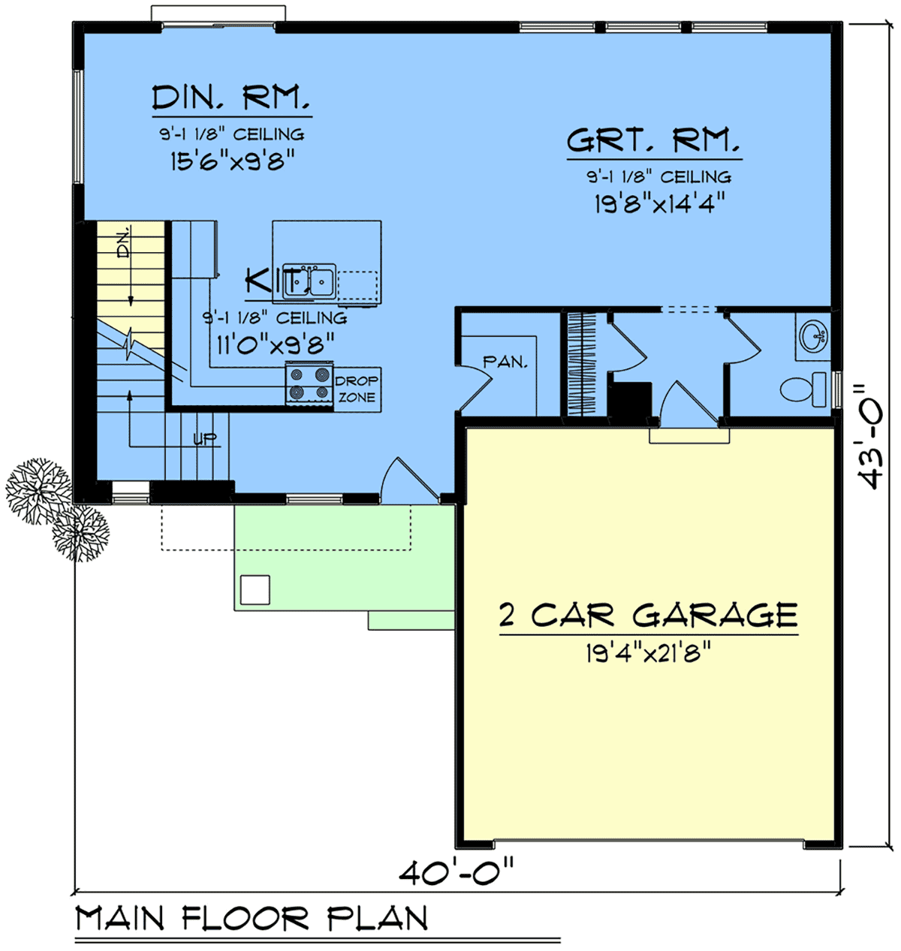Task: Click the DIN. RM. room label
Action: tap(231, 98)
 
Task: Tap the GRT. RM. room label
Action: tap(653, 140)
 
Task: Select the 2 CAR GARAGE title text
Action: tap(648, 615)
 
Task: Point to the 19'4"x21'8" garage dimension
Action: tap(648, 654)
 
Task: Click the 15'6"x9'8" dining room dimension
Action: tap(231, 160)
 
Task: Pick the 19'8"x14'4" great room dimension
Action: tap(653, 203)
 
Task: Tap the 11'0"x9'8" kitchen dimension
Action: tap(275, 345)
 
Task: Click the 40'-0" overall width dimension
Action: tap(457, 873)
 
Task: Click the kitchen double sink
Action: tap(309, 281)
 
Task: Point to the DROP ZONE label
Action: tap(357, 389)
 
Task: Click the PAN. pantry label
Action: tap(505, 362)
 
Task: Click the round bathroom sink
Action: tap(813, 335)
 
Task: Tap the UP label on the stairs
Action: tap(204, 439)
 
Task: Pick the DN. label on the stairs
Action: tap(124, 242)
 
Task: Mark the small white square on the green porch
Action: tap(255, 589)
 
